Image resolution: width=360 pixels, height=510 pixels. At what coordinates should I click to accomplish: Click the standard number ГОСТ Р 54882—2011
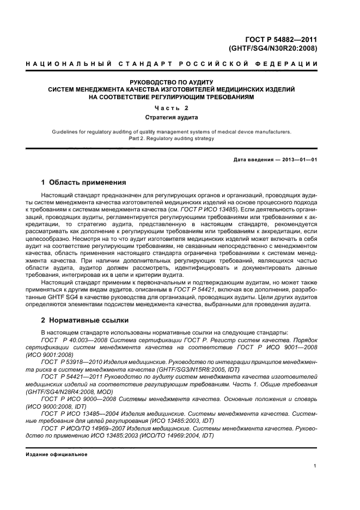282,39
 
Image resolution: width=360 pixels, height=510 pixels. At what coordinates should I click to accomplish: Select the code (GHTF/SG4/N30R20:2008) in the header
273,48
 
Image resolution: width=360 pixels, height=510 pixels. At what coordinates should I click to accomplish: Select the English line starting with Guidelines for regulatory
172,131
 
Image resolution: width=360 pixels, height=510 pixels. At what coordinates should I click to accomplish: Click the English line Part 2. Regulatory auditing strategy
172,138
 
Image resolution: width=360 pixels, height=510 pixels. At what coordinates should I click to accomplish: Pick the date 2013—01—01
299,159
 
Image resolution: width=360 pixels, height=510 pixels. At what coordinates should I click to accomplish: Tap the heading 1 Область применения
84,183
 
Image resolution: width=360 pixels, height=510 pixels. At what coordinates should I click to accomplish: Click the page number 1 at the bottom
315,466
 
